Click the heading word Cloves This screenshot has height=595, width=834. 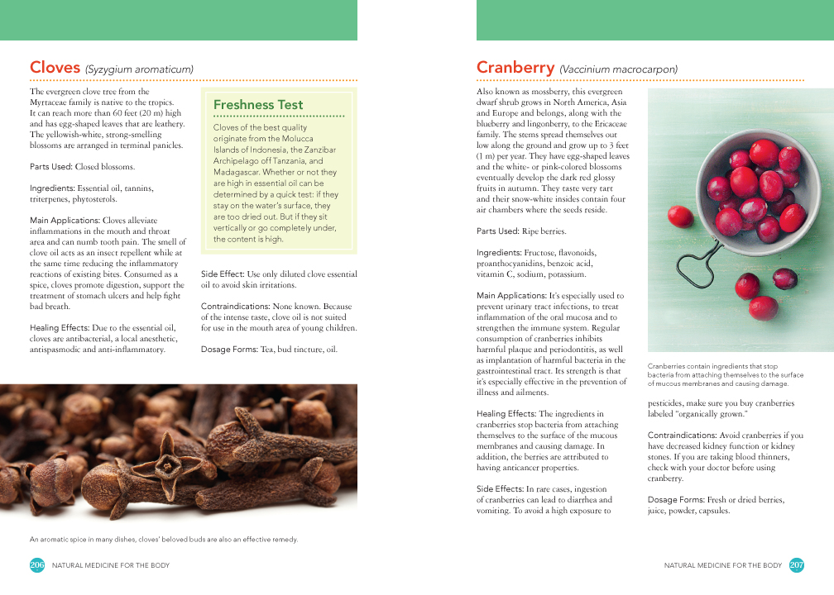point(55,68)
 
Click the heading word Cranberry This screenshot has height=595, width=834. point(515,68)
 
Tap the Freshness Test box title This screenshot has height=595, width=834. point(258,105)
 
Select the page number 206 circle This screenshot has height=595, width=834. point(37,565)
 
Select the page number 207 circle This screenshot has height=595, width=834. point(797,565)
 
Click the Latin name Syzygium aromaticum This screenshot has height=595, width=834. point(139,69)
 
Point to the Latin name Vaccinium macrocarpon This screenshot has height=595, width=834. point(618,69)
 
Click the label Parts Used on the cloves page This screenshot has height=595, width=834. point(50,166)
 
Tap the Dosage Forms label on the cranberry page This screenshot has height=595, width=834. point(675,500)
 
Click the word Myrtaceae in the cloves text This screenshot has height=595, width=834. point(54,102)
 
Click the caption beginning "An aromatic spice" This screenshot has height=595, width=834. point(164,540)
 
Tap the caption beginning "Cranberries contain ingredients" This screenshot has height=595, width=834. point(713,374)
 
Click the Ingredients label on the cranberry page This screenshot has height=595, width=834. point(499,252)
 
